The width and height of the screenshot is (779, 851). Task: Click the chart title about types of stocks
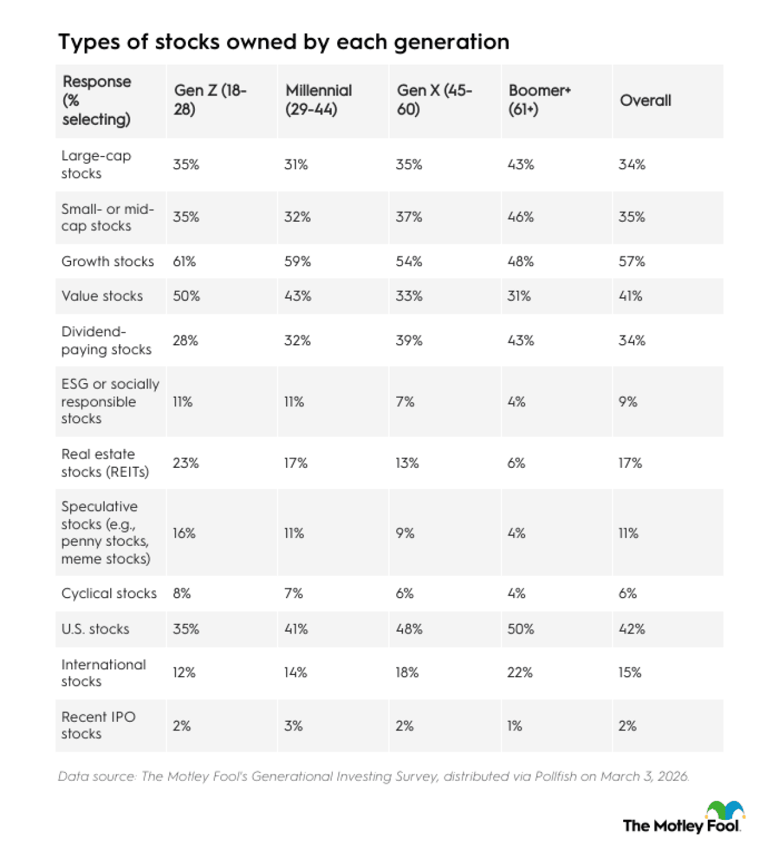(284, 42)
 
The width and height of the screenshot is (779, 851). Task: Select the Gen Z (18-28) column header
(210, 100)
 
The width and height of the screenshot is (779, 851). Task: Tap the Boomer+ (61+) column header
(539, 100)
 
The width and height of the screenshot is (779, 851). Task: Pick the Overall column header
(645, 101)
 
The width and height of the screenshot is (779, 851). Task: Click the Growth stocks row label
(108, 261)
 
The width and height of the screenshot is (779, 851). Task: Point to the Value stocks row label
(102, 296)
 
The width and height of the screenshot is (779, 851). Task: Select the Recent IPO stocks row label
(98, 725)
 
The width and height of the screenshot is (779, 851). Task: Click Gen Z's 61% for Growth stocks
(184, 261)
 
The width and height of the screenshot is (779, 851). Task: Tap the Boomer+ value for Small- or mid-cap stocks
(520, 217)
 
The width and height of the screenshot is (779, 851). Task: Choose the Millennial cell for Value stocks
(298, 296)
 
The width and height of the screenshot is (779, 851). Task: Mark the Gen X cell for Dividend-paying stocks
(409, 341)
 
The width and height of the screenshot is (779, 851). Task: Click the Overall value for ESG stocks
(627, 401)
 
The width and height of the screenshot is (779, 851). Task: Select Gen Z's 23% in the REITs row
(186, 463)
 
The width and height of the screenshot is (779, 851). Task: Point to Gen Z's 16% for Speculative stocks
(184, 533)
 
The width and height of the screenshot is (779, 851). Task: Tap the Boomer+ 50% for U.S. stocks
(520, 629)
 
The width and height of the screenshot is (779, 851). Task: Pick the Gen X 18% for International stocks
(407, 673)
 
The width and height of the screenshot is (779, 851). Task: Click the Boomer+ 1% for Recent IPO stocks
(514, 726)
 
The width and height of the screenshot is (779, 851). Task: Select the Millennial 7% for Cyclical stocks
(293, 593)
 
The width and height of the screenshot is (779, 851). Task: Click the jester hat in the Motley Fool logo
(725, 810)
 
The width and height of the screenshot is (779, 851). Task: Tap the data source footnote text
(373, 776)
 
